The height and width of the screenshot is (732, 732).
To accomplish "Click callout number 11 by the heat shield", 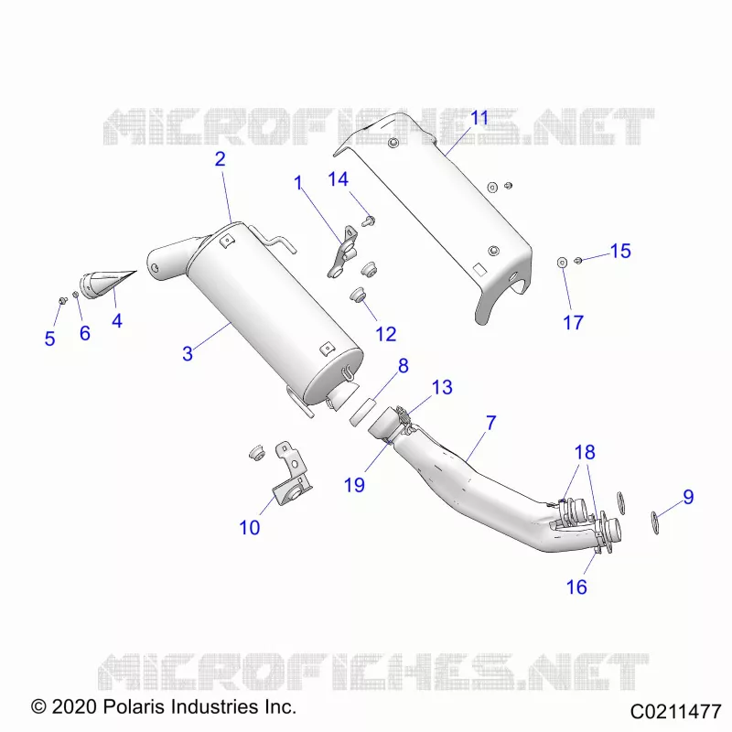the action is [479, 118].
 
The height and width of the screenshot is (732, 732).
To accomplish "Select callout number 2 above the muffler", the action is [221, 159].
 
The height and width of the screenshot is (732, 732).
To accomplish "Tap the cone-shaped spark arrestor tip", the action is [108, 284].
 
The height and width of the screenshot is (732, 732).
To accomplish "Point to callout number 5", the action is [50, 339].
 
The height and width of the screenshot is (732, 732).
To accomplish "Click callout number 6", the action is [84, 333].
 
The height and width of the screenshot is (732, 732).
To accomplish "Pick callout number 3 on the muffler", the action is [188, 353].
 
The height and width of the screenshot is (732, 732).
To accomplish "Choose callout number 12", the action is [386, 334].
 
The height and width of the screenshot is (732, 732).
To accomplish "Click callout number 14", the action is [338, 178].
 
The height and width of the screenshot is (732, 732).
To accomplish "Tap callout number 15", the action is [620, 251].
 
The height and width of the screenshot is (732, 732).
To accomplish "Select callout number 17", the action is [574, 323].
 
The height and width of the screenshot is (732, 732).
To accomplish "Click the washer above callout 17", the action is [562, 262].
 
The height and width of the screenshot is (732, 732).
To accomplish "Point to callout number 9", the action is [689, 497].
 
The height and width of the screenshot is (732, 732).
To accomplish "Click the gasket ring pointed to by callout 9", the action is [655, 522].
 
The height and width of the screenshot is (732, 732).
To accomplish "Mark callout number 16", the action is [576, 587].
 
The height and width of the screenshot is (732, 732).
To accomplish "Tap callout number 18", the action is [585, 452].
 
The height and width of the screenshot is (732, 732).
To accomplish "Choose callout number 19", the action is [354, 485].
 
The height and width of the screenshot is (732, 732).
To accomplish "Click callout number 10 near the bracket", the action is [249, 528].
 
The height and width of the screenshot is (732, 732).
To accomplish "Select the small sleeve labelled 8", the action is [362, 411].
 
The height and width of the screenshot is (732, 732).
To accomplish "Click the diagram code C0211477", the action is [676, 712].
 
